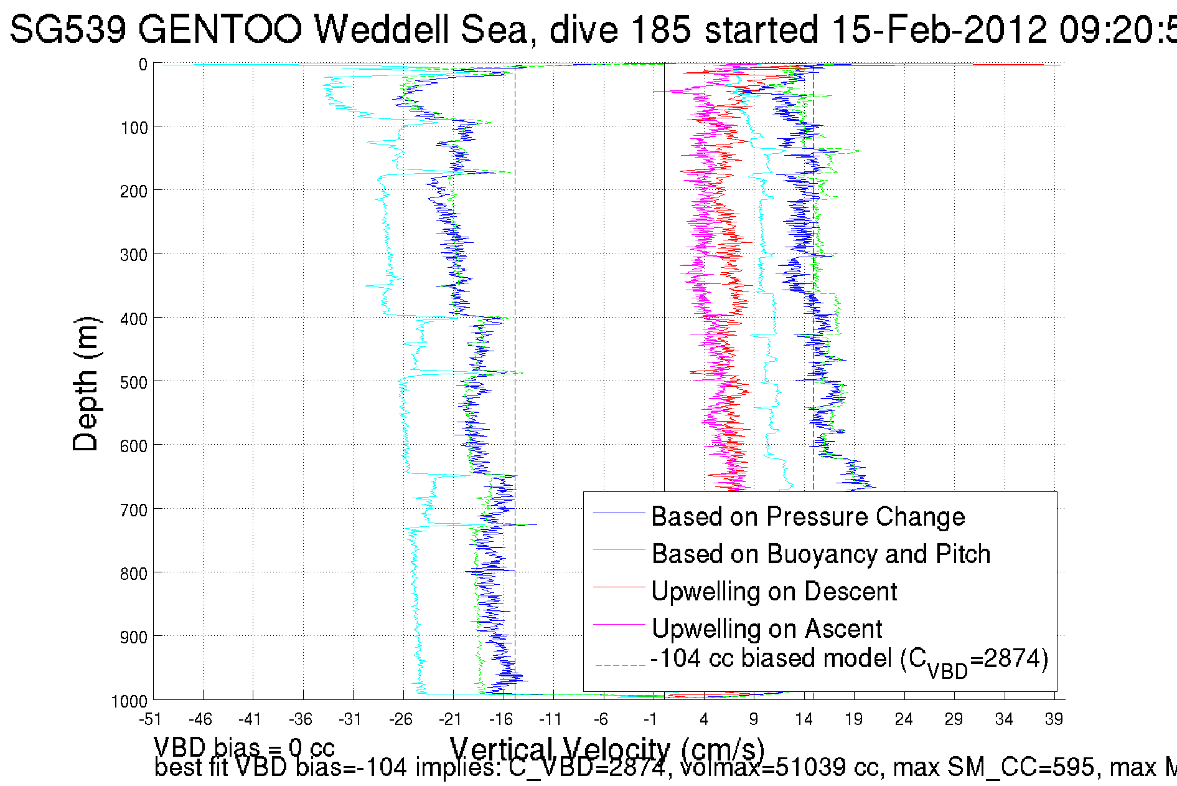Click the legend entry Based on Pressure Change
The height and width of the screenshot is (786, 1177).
pyautogui.click(x=807, y=516)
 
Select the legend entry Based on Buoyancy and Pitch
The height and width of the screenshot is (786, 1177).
pyautogui.click(x=820, y=554)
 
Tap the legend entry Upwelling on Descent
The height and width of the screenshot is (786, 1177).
pyautogui.click(x=774, y=591)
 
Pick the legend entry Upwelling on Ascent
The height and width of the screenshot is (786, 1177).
pyautogui.click(x=766, y=628)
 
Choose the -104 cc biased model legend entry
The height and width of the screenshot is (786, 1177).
pyautogui.click(x=849, y=660)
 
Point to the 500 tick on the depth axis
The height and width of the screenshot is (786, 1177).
pyautogui.click(x=134, y=382)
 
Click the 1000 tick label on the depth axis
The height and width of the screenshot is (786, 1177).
pyautogui.click(x=129, y=701)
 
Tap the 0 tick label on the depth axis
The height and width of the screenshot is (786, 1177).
pyautogui.click(x=143, y=64)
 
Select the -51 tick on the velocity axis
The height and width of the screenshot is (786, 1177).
pyautogui.click(x=150, y=720)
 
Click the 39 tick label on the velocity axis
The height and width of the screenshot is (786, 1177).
pyautogui.click(x=1053, y=720)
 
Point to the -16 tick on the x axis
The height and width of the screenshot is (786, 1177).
pyautogui.click(x=500, y=720)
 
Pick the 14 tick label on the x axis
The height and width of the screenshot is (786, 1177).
pyautogui.click(x=804, y=720)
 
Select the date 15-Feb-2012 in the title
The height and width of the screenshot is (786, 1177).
pyautogui.click(x=939, y=29)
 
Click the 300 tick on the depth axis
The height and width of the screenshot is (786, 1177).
pyautogui.click(x=134, y=255)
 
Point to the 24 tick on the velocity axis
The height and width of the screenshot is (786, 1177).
pyautogui.click(x=904, y=720)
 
